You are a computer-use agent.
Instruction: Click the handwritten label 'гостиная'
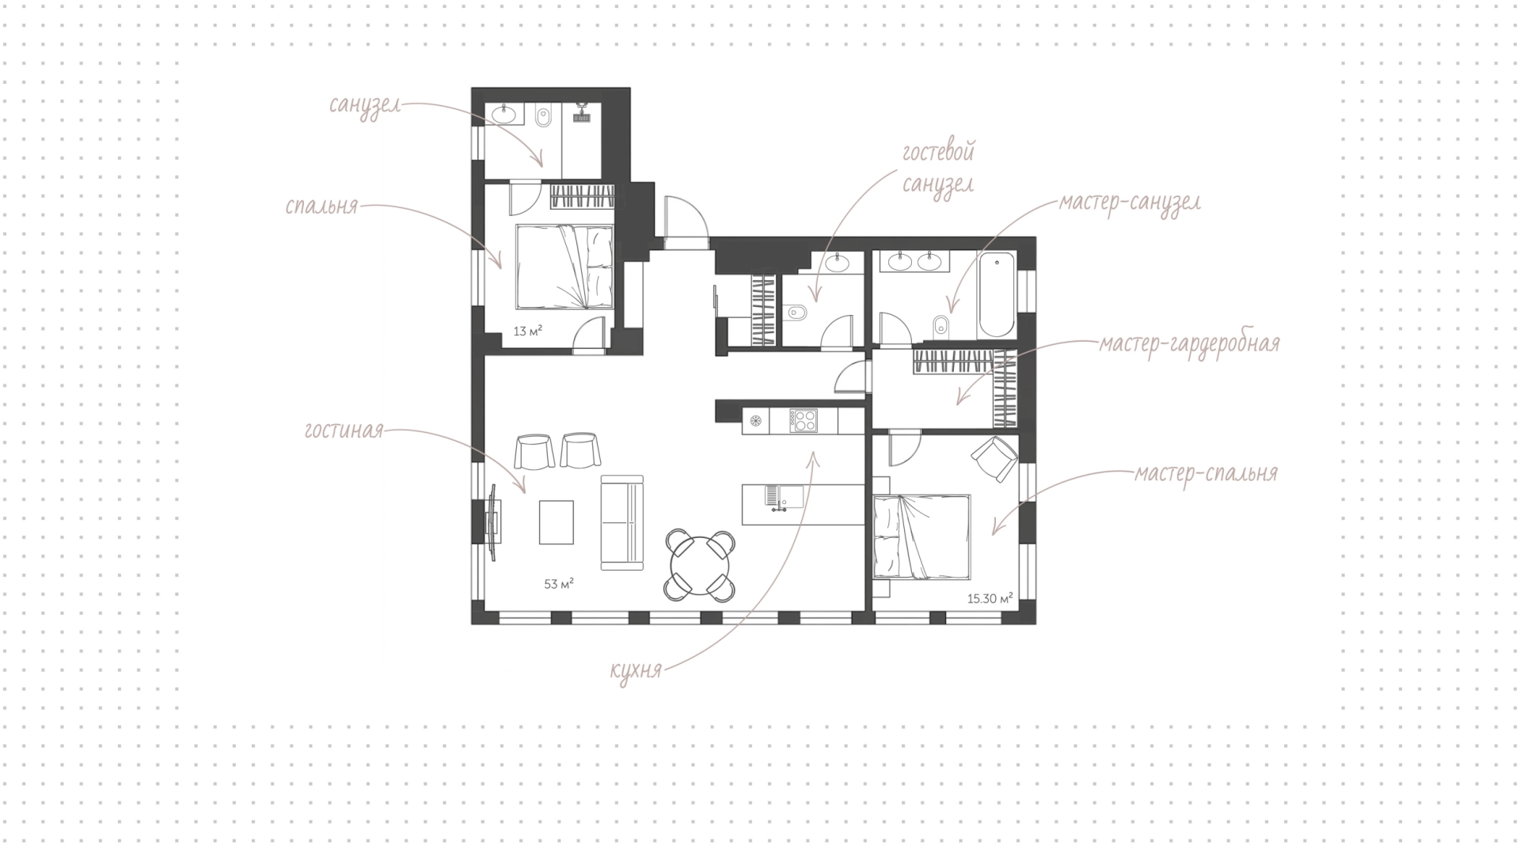click(344, 430)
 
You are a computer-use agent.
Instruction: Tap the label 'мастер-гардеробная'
click(1189, 344)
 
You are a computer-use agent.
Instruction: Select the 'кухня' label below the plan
click(636, 671)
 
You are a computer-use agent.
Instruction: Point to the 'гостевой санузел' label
click(939, 168)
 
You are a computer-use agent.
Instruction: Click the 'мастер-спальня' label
click(1206, 474)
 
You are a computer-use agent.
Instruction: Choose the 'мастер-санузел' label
click(1130, 203)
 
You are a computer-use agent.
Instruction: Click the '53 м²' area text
click(558, 585)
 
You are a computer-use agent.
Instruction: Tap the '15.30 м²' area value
click(990, 599)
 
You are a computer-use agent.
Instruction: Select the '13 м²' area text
click(527, 331)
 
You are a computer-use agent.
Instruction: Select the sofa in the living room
click(621, 522)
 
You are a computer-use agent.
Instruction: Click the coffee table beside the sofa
click(557, 522)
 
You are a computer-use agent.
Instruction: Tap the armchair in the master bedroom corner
click(994, 458)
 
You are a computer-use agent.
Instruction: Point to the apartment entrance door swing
click(686, 217)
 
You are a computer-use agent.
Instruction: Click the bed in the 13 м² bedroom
click(564, 267)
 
